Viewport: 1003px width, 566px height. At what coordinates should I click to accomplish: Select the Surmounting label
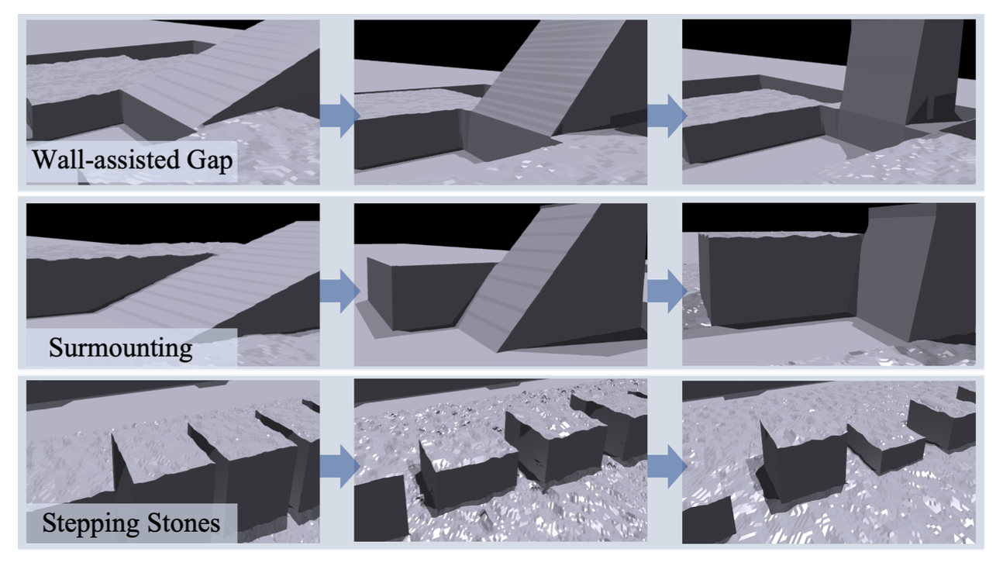click(x=120, y=348)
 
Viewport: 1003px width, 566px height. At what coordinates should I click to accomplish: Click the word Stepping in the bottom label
click(x=91, y=523)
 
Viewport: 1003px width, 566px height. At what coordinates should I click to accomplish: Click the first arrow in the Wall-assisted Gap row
click(x=340, y=116)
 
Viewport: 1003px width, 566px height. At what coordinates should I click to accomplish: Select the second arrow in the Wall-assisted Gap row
click(x=667, y=116)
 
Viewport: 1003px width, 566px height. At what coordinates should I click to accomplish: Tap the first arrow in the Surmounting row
click(x=340, y=291)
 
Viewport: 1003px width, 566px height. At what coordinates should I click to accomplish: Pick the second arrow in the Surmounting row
click(x=667, y=291)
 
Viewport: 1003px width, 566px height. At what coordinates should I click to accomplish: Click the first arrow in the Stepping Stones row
click(x=340, y=466)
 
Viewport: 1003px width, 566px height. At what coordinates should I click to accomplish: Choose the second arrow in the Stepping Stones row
click(x=667, y=466)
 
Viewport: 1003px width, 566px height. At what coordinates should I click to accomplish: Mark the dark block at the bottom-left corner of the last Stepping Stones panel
click(x=708, y=522)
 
